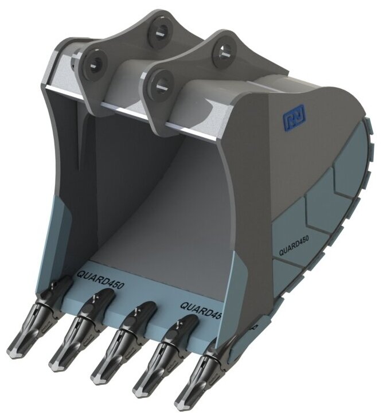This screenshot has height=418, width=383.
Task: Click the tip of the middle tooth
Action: coord(97,380)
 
